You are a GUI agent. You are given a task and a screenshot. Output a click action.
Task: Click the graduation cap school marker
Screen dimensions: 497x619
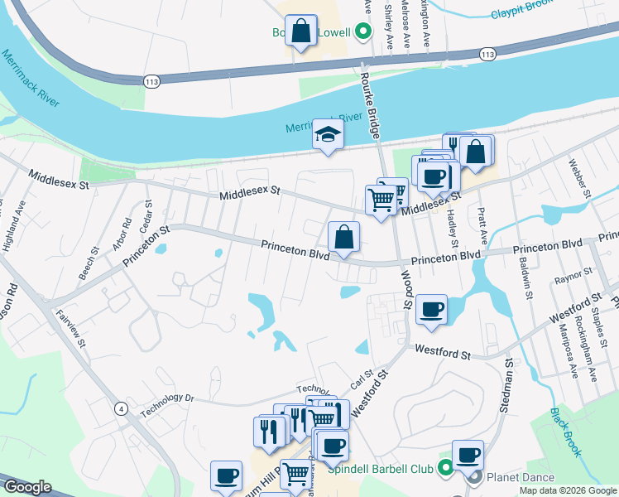point(328,136)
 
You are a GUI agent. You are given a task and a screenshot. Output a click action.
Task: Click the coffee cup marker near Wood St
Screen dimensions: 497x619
point(431,310)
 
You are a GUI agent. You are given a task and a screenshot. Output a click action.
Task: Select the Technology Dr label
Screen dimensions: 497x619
point(166,403)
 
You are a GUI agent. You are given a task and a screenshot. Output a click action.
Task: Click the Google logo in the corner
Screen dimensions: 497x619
point(27,487)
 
